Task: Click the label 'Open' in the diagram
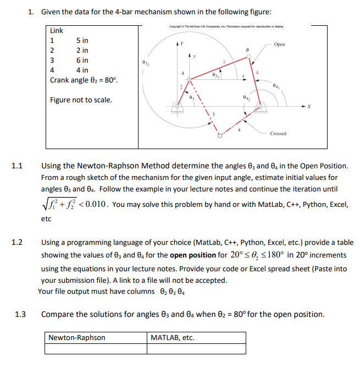[x=279, y=45]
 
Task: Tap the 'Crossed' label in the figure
[x=278, y=134]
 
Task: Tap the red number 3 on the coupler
[x=223, y=61]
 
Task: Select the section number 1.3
[x=20, y=314]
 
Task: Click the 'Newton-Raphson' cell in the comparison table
[x=77, y=337]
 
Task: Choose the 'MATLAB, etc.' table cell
[x=172, y=337]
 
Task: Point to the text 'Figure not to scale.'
[x=81, y=100]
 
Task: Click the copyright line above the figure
[x=223, y=26]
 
